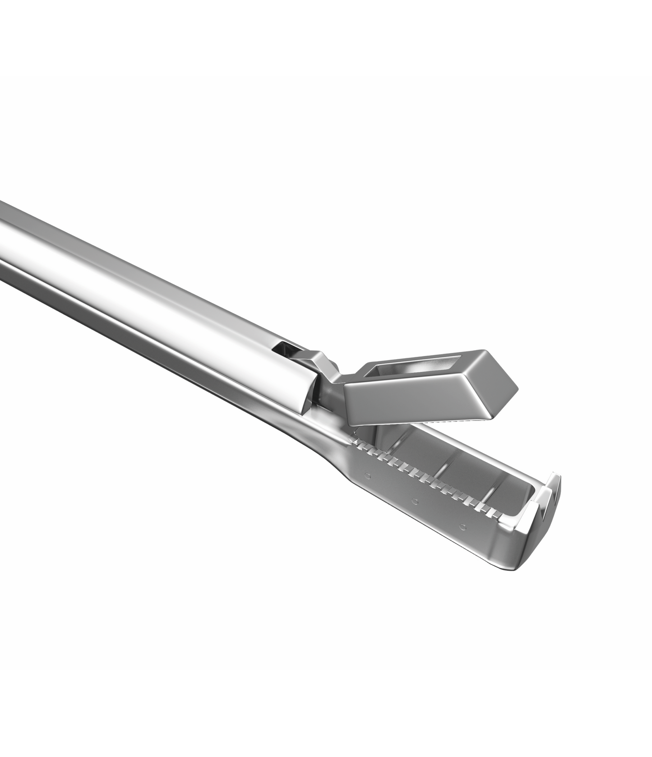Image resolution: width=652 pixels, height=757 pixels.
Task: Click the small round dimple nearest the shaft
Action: (368, 475)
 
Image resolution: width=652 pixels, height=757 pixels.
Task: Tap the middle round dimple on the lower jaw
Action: (415, 500)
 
